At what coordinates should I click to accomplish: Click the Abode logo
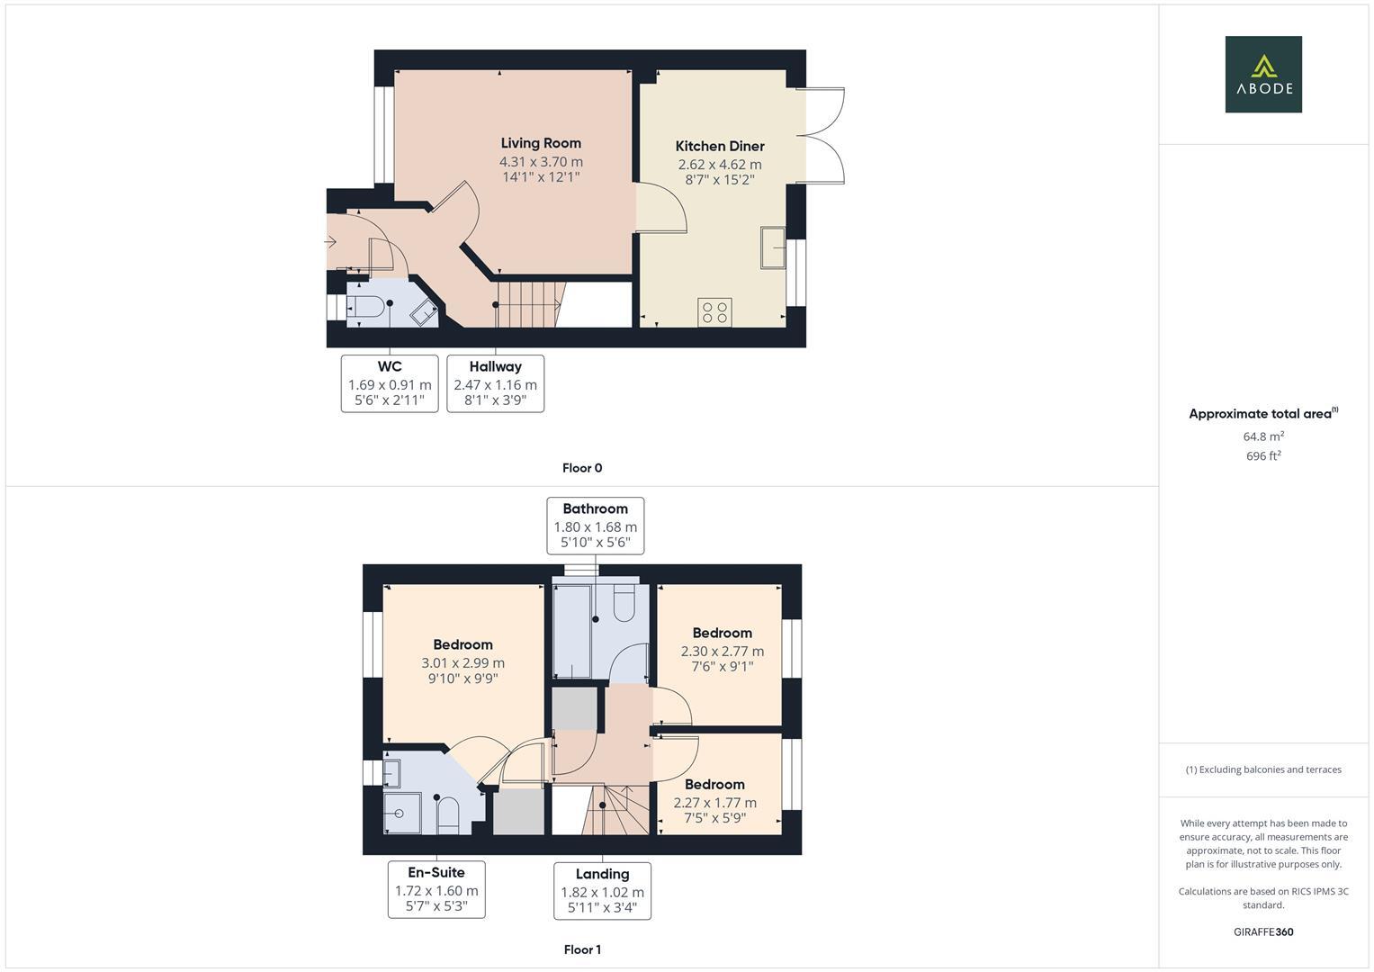coord(1262,75)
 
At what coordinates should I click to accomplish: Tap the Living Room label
coord(541,143)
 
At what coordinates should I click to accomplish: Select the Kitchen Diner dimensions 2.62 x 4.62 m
coord(719,165)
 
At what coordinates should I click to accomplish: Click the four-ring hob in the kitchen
coord(715,312)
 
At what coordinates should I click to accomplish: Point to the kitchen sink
coord(773,247)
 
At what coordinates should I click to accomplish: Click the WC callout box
coord(390,383)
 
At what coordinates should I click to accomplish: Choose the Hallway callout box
coord(495,383)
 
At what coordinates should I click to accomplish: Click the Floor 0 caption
coord(582,468)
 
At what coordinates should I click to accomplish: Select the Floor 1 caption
coord(582,949)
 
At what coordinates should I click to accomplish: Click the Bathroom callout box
coord(595,526)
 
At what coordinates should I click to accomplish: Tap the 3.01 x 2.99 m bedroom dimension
coord(462,663)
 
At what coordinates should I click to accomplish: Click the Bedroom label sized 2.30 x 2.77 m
coord(722,633)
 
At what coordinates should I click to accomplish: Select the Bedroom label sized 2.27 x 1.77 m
coord(714,784)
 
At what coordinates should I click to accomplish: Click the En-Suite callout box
coord(436,889)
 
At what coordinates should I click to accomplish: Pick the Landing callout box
coord(602,891)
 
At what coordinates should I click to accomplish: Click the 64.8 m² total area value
coord(1263,436)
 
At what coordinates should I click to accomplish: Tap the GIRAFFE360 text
coord(1263,931)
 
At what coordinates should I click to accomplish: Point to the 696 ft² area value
coord(1263,456)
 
